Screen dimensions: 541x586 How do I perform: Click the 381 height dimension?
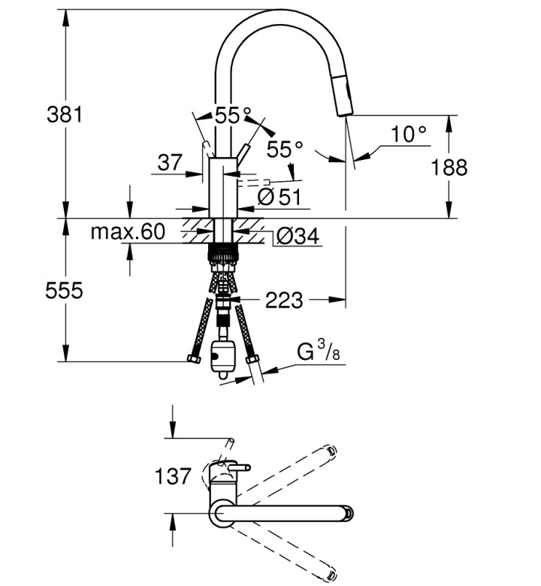coord(65,114)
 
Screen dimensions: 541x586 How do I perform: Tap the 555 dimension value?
coord(64,291)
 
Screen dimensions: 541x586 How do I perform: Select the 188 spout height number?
coord(449,167)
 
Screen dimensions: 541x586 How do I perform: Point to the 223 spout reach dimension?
coord(284,300)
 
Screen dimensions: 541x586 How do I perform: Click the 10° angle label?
coord(408,134)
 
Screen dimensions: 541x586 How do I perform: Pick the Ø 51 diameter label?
coord(280,197)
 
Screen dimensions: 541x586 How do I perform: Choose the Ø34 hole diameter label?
coord(298,236)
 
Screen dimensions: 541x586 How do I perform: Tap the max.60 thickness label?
coord(128,231)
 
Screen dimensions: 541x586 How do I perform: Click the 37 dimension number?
coord(170,162)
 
